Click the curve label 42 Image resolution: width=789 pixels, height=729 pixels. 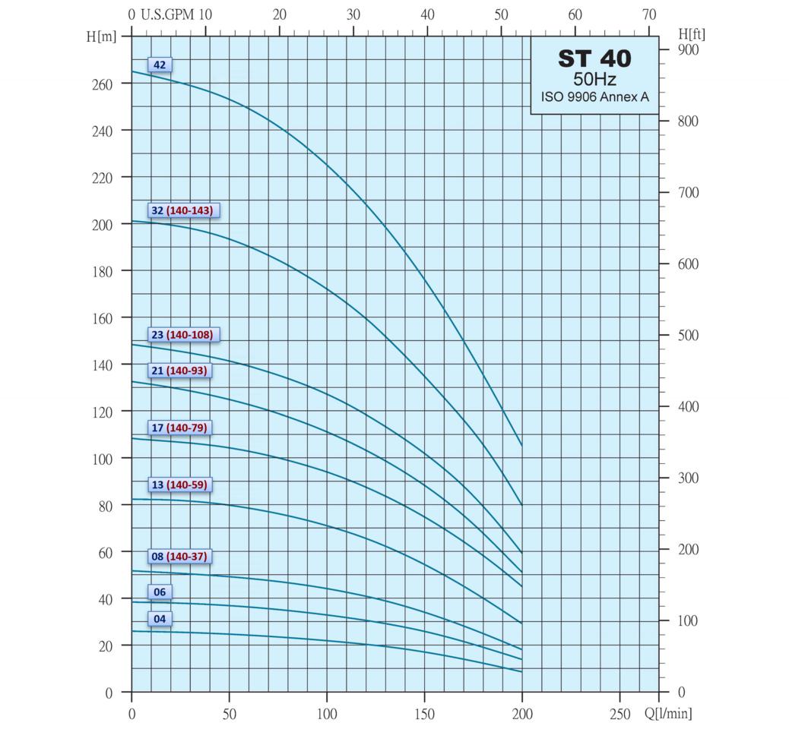(x=160, y=65)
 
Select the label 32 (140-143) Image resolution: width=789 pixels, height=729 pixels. (x=183, y=210)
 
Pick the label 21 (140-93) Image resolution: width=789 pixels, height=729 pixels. (x=179, y=371)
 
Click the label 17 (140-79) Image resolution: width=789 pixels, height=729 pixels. (x=179, y=428)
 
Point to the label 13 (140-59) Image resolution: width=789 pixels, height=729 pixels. (x=179, y=485)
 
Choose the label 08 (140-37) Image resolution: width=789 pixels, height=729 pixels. (x=179, y=557)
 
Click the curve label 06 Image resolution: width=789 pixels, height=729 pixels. (x=160, y=592)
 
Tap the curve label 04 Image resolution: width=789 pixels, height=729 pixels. (x=160, y=619)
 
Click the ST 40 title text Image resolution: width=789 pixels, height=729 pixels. (x=594, y=59)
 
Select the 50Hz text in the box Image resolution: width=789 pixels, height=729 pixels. (x=594, y=80)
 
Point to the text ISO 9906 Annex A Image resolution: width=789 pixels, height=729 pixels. (x=594, y=97)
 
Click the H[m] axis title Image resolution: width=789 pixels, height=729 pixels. (x=101, y=36)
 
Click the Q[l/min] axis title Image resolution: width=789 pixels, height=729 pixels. (x=668, y=713)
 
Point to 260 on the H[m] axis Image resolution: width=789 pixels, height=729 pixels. (x=102, y=84)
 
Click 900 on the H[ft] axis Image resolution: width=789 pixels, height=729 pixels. (x=687, y=50)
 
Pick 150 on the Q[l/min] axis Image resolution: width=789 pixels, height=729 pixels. (x=424, y=714)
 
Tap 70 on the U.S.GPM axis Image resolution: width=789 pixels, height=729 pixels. (x=648, y=14)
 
